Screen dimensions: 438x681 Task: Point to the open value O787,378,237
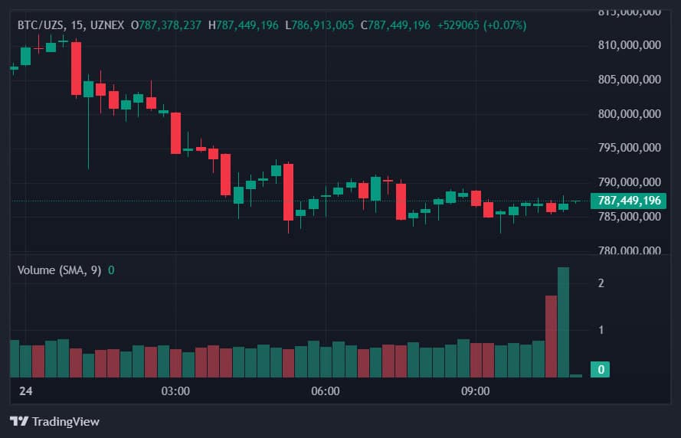[x=166, y=25]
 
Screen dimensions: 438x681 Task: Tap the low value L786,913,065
[x=319, y=25]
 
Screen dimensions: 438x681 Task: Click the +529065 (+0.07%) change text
[x=482, y=25]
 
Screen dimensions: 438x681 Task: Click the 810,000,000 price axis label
[x=629, y=45]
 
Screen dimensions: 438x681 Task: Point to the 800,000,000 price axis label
[x=629, y=114]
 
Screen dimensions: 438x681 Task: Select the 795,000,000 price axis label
[x=629, y=148]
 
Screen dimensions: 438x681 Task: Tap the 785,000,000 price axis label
[x=629, y=217]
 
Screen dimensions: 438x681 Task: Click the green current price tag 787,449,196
[x=629, y=201]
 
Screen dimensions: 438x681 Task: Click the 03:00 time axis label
[x=175, y=391]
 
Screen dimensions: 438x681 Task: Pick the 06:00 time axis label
[x=326, y=391]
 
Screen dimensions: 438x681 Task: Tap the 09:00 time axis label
[x=475, y=391]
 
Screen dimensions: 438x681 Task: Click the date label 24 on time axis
[x=26, y=391]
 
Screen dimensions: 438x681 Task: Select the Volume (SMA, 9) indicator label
[x=59, y=270]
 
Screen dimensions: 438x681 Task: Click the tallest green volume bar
[x=563, y=322]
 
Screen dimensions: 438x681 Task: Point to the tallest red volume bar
[x=551, y=335]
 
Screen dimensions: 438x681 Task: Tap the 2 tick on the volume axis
[x=601, y=283]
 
